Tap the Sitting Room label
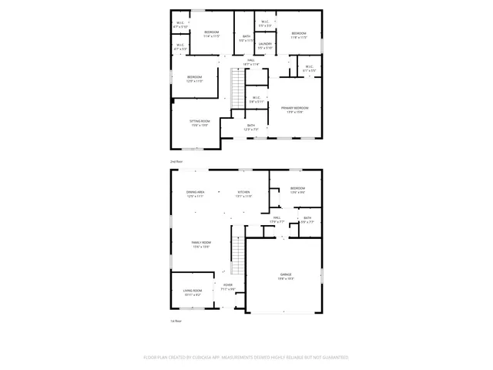[200, 123]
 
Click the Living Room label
[192, 292]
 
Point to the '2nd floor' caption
[176, 161]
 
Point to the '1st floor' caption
[176, 320]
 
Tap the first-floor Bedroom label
[297, 190]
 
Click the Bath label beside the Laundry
[246, 38]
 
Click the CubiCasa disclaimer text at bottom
[246, 357]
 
